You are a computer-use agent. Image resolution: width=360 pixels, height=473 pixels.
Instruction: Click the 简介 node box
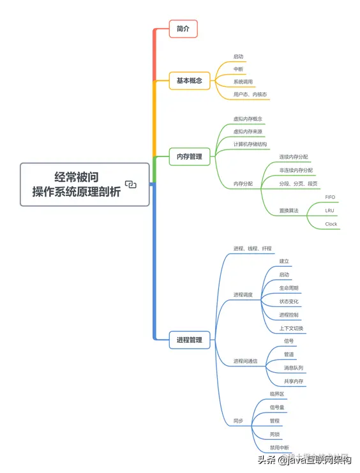(x=183, y=28)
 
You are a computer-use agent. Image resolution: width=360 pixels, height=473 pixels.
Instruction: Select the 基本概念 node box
(x=189, y=80)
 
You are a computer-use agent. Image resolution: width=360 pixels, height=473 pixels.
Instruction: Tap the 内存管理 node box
(x=189, y=156)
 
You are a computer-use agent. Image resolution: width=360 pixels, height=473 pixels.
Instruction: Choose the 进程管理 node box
(x=189, y=340)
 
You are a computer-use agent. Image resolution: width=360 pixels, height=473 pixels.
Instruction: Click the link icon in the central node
(x=131, y=184)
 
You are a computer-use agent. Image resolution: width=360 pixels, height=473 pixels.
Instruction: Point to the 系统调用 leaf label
(x=243, y=82)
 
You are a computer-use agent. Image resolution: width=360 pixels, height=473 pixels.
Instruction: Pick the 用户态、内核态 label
(x=250, y=94)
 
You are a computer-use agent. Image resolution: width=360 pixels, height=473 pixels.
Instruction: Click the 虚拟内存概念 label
(x=248, y=119)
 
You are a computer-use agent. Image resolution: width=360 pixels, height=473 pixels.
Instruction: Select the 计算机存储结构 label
(x=250, y=144)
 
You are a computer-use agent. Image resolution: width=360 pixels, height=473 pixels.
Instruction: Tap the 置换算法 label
(x=289, y=210)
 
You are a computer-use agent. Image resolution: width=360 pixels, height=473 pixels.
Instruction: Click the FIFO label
(x=330, y=197)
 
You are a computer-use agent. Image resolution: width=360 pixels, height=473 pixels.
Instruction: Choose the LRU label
(x=329, y=210)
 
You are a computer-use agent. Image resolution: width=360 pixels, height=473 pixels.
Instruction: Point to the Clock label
(x=331, y=224)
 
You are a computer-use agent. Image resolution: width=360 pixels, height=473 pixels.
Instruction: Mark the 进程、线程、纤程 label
(x=252, y=248)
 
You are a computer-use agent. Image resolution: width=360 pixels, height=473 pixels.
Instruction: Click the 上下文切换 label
(x=292, y=329)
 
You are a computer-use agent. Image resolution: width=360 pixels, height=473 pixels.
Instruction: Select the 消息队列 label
(x=294, y=368)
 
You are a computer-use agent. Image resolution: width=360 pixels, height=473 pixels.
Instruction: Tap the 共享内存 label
(x=294, y=382)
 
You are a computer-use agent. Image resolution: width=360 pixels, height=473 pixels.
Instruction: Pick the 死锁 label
(x=274, y=435)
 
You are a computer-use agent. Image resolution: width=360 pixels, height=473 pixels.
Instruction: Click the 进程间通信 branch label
(x=245, y=361)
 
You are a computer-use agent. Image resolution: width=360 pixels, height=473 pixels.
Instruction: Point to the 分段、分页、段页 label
(x=298, y=183)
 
